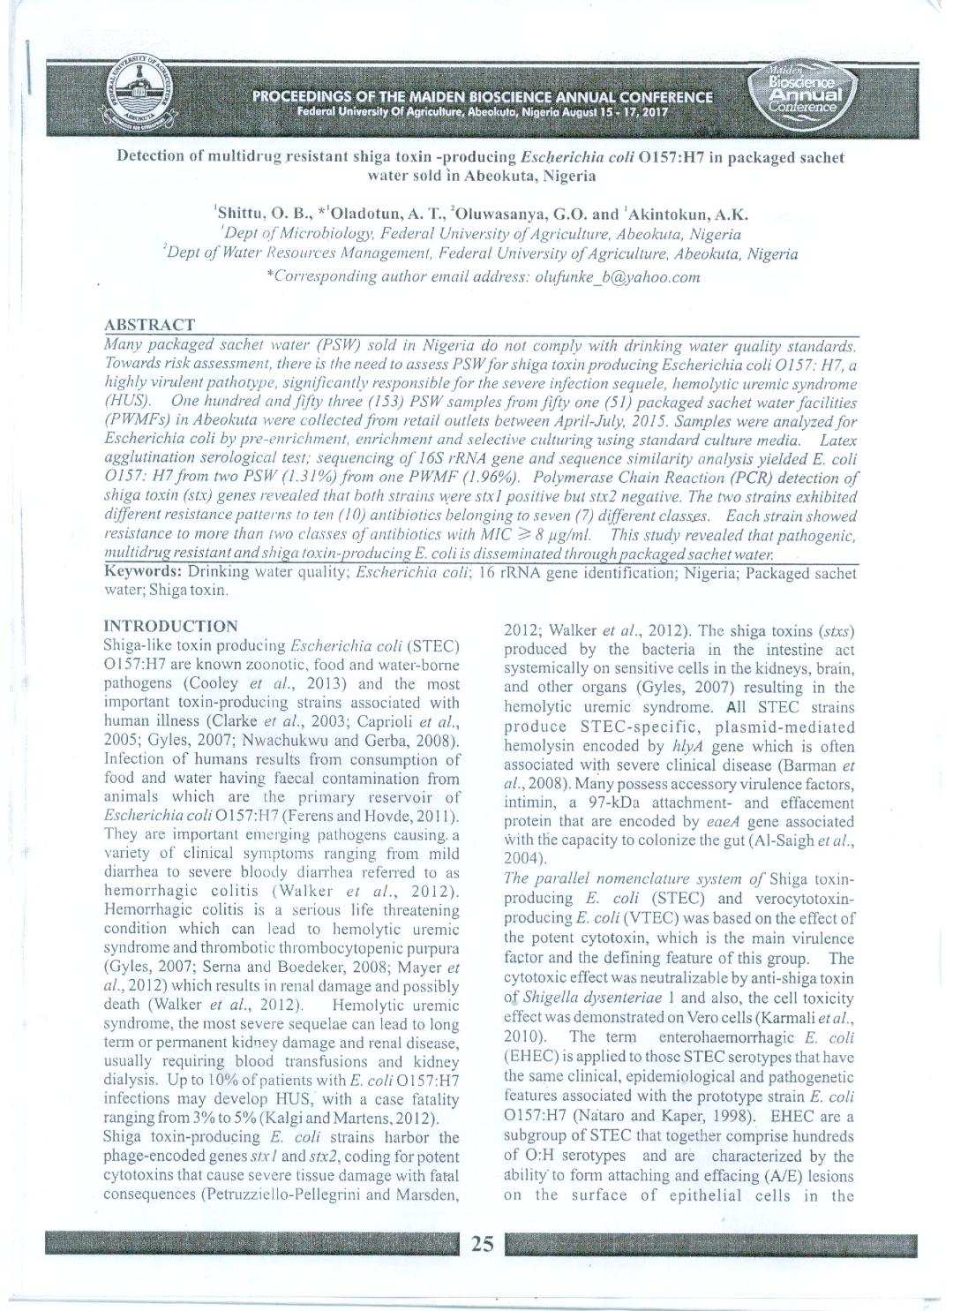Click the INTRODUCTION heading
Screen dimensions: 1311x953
[170, 626]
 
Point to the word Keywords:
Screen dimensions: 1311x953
[143, 573]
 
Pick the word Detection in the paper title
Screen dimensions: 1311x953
[150, 157]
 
